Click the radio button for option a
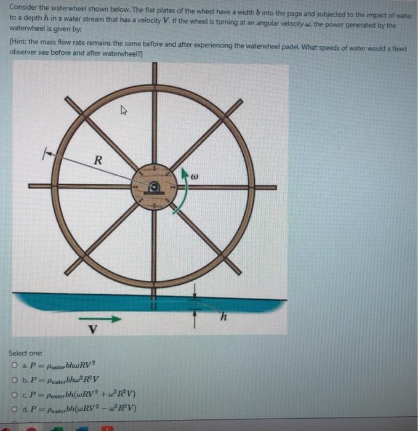(x=14, y=366)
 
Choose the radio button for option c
(x=14, y=394)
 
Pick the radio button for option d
(x=14, y=408)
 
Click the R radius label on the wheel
(x=97, y=161)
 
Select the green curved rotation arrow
(x=179, y=195)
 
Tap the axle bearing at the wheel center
(x=153, y=187)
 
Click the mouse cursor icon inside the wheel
(x=124, y=112)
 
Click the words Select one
(x=25, y=353)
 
